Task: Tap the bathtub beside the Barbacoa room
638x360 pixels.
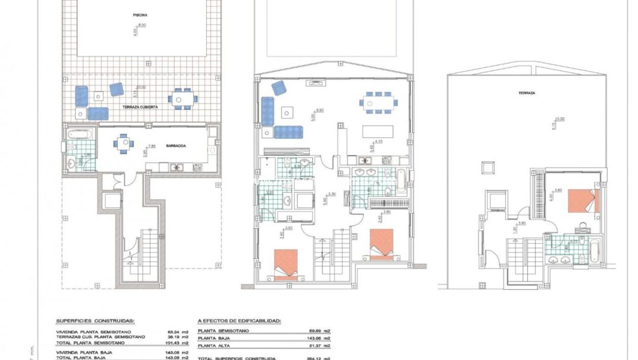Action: click(x=79, y=135)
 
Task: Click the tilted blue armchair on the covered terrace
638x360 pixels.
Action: click(x=117, y=89)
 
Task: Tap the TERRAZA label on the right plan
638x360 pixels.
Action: click(x=526, y=92)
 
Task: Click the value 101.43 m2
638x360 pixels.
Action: click(x=177, y=342)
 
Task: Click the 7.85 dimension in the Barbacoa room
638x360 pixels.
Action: click(x=152, y=146)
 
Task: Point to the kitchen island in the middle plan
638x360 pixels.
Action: click(x=377, y=132)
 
